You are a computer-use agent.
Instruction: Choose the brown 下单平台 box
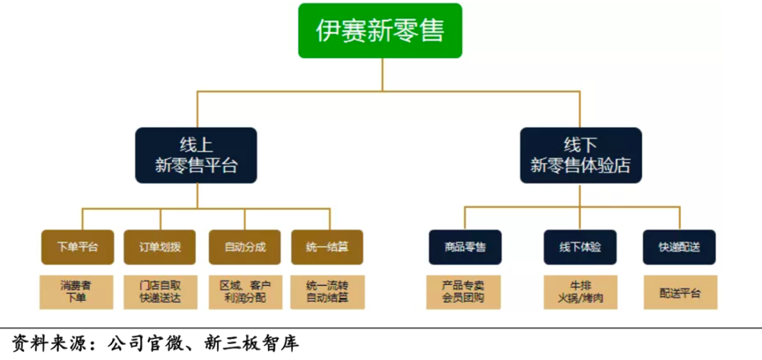coord(78,247)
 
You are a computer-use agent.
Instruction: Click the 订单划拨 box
coord(161,247)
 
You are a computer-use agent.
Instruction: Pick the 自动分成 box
coord(243,247)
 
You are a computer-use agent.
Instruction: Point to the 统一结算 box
coord(326,247)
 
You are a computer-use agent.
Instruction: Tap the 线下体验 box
coord(579,247)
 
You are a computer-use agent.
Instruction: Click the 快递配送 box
coord(680,247)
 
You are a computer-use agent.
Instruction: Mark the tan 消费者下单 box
coord(78,292)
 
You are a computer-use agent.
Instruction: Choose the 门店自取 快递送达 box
coord(161,292)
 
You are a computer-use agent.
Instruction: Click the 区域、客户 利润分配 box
coord(243,292)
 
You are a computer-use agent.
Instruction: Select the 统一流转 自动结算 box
coord(326,292)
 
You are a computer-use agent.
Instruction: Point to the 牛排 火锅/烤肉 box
coord(579,292)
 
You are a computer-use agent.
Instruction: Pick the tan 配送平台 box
coord(680,292)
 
